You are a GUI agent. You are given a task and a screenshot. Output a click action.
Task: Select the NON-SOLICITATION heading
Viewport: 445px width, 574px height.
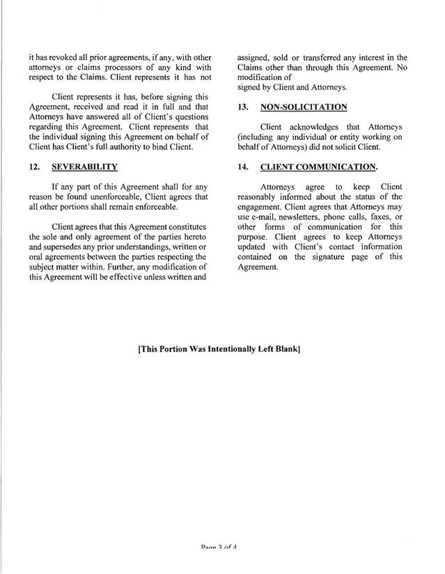[303, 108]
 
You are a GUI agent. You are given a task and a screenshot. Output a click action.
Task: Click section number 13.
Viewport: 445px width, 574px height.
[243, 108]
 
